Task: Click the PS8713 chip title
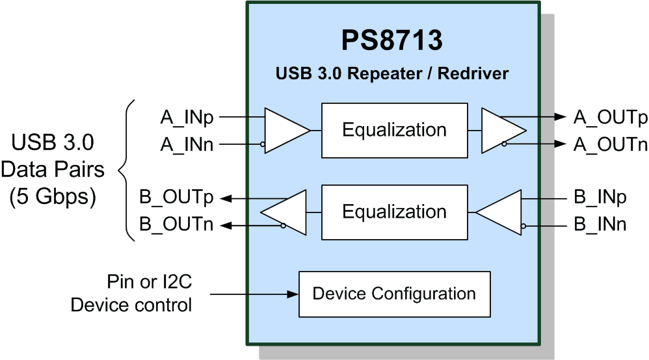click(x=391, y=40)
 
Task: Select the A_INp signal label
click(x=187, y=118)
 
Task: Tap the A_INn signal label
click(x=187, y=144)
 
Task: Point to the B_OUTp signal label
click(x=176, y=197)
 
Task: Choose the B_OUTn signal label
click(x=176, y=224)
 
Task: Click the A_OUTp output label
click(x=610, y=118)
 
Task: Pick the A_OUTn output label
click(x=610, y=144)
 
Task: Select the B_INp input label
click(x=600, y=197)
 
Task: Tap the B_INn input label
click(x=600, y=224)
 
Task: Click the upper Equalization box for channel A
click(x=395, y=131)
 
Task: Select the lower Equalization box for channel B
click(x=395, y=212)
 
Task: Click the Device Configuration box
click(x=395, y=294)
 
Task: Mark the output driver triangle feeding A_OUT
click(x=504, y=131)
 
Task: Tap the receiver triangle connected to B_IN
click(x=499, y=212)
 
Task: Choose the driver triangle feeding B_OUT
click(x=284, y=212)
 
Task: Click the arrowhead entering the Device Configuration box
click(x=293, y=294)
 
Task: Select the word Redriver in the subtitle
click(x=473, y=73)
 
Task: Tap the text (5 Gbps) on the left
click(x=53, y=196)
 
